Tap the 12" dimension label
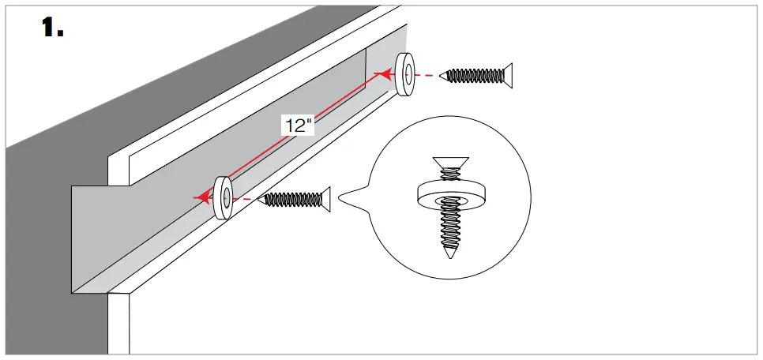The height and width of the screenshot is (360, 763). (x=299, y=125)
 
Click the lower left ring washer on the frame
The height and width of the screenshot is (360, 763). (x=223, y=197)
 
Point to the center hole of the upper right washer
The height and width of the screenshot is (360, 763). (x=407, y=76)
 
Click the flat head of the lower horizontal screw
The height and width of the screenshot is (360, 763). (x=324, y=200)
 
